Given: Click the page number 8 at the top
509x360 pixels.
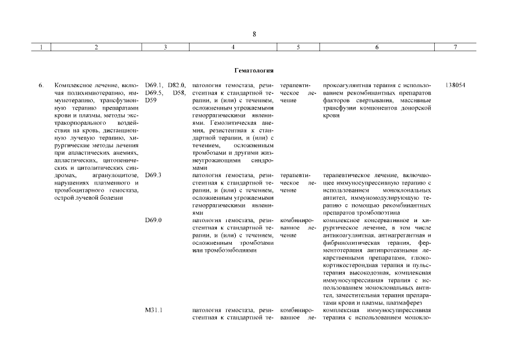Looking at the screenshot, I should pyautogui.click(x=254, y=34).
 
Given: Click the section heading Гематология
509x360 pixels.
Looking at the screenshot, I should pyautogui.click(x=254, y=71).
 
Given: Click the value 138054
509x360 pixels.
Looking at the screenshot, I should pyautogui.click(x=455, y=85).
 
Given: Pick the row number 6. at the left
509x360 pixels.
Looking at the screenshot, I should pyautogui.click(x=40, y=85).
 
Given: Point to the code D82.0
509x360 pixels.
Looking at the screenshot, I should pyautogui.click(x=176, y=85).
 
